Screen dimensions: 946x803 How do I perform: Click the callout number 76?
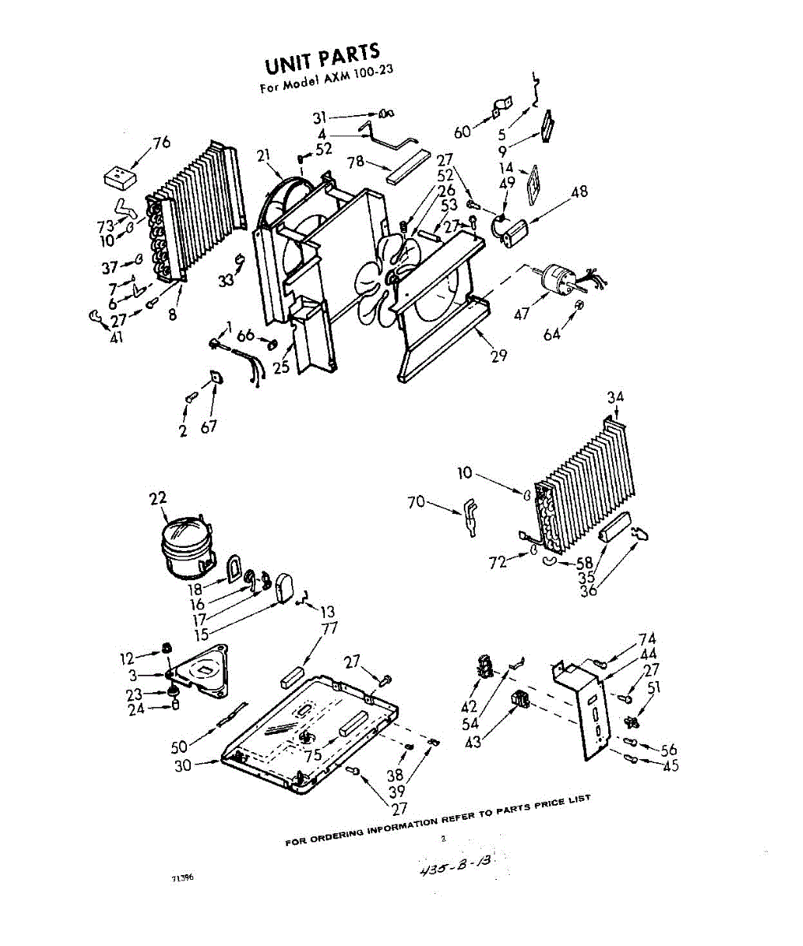point(161,143)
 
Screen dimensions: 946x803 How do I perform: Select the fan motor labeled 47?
point(561,279)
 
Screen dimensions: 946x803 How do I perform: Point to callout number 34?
point(615,397)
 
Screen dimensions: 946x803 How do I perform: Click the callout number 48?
point(580,192)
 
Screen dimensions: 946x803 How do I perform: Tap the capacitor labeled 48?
point(517,231)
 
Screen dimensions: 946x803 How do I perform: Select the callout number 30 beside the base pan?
point(183,765)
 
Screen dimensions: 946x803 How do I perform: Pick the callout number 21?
point(264,155)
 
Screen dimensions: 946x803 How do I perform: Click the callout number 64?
point(551,334)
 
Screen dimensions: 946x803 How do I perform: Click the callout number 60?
point(461,131)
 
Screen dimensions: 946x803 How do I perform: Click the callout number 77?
point(329,628)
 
